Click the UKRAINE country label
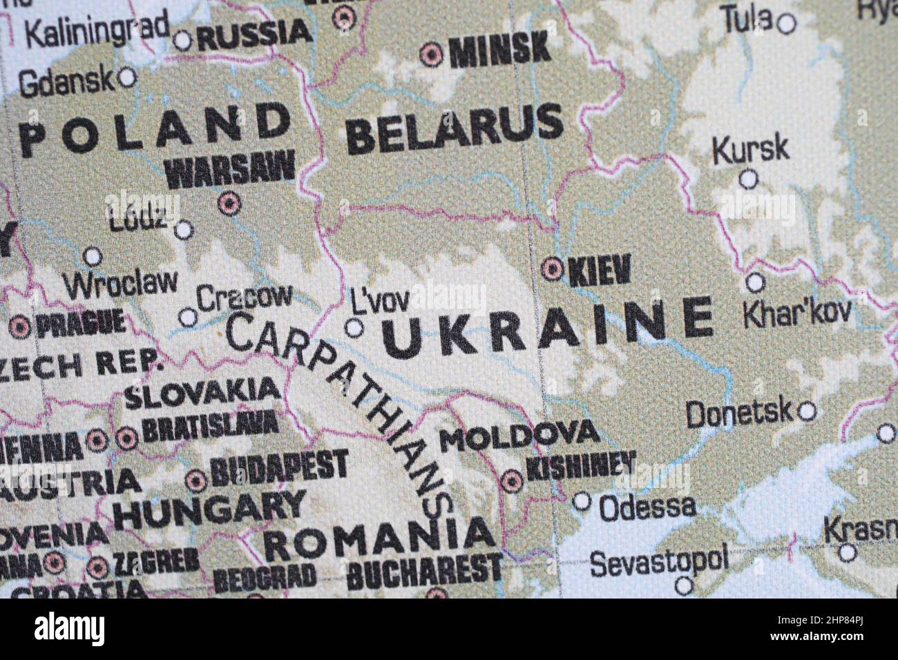pyautogui.click(x=547, y=329)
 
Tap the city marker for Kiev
pyautogui.click(x=553, y=269)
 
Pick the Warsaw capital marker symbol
pyautogui.click(x=229, y=203)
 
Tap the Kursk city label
pyautogui.click(x=750, y=149)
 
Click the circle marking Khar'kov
pyautogui.click(x=756, y=282)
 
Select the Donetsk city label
pyautogui.click(x=739, y=414)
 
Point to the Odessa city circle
pyautogui.click(x=582, y=501)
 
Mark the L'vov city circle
pyautogui.click(x=354, y=328)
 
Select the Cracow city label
pyautogui.click(x=245, y=298)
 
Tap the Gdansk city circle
pyautogui.click(x=127, y=77)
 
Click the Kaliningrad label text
pyautogui.click(x=97, y=29)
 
